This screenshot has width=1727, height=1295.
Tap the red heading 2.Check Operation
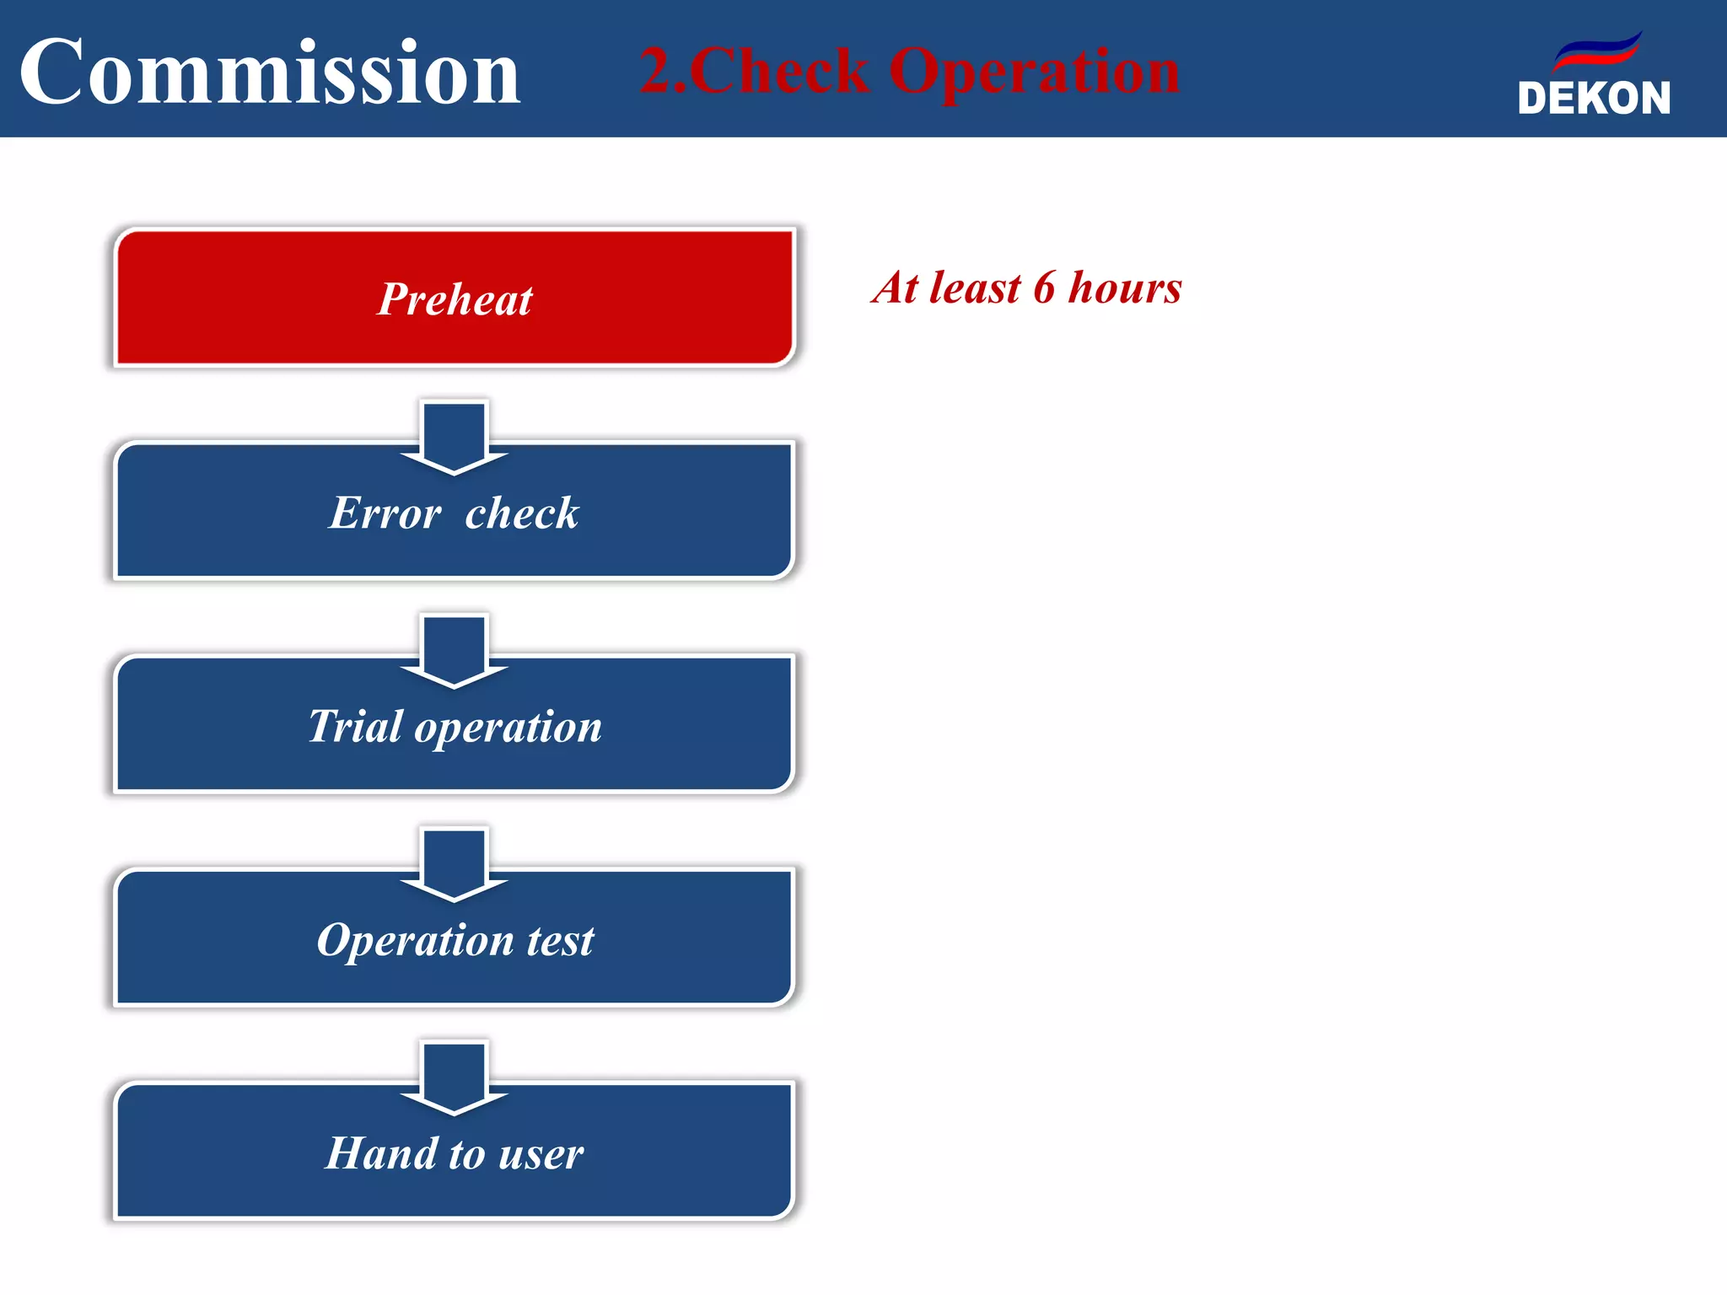pos(909,71)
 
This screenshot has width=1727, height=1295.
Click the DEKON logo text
pos(1594,99)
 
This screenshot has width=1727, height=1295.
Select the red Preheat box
pos(454,298)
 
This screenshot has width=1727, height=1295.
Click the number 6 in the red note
pos(1044,288)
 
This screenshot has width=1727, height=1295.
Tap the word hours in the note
pos(1125,288)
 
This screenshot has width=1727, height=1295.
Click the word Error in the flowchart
pos(385,513)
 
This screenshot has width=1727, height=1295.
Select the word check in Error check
pos(522,513)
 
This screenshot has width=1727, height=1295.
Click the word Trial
pos(355,726)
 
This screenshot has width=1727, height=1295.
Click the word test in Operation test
pos(560,940)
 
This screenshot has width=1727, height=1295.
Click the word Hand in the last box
pos(381,1153)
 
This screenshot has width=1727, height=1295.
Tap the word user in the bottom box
pos(541,1154)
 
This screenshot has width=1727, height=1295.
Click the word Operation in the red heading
pos(1034,73)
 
